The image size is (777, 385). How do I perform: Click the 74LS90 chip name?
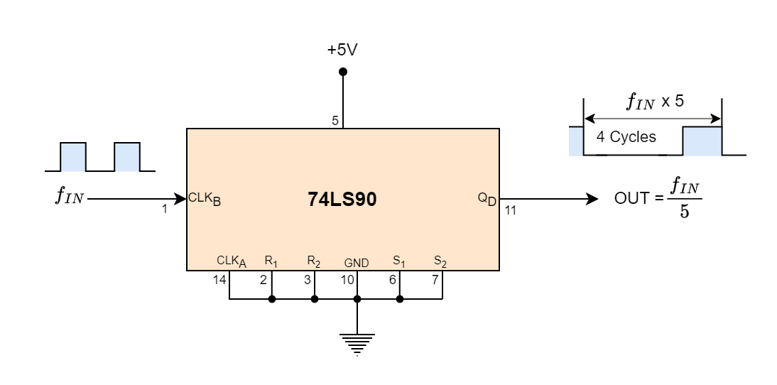coord(342,200)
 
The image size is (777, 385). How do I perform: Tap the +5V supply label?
coord(343,50)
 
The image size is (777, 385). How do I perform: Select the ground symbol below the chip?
coord(357,343)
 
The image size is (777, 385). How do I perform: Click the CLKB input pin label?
coord(205,199)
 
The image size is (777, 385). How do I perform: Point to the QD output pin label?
coord(487,199)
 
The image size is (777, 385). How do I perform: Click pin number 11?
coord(511,210)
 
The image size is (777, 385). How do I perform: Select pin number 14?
coord(219,280)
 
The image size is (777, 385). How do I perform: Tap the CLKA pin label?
coord(232,261)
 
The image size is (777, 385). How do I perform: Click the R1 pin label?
coord(271,261)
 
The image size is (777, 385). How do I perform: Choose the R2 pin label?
coord(313,261)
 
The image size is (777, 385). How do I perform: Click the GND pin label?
coord(357,263)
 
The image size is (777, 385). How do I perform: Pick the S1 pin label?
coord(398,261)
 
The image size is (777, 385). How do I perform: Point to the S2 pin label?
coord(440,261)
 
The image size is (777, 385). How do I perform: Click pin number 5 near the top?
coord(335,121)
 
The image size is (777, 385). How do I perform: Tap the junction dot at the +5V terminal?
coord(343,72)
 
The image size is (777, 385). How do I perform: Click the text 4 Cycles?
coord(626,137)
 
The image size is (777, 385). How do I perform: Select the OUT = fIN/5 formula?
coord(658,200)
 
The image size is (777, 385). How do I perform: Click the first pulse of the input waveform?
coord(72,156)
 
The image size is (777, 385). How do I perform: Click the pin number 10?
coord(347,280)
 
